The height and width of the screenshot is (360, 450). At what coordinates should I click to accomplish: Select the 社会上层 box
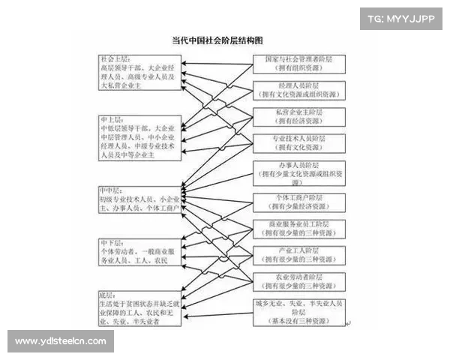139,71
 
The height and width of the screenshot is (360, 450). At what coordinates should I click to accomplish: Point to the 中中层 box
139,201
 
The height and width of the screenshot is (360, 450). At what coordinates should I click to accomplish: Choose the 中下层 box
139,253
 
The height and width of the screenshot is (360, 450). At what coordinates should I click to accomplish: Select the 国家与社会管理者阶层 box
298,63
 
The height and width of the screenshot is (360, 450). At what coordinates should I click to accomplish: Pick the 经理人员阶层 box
298,89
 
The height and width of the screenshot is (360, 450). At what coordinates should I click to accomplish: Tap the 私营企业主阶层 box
298,116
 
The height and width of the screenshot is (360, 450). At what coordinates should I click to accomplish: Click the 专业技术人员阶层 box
298,143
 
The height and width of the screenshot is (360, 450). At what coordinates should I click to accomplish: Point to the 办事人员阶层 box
298,172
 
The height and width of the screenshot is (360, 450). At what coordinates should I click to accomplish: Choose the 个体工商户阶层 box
298,201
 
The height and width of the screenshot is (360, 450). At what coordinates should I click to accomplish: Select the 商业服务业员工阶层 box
298,228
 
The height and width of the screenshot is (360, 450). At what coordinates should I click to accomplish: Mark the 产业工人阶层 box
298,255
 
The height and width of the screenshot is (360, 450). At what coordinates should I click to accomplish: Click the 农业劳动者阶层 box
298,281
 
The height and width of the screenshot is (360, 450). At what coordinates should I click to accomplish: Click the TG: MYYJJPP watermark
400,19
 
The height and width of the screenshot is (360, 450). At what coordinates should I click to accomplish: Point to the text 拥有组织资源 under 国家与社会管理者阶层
298,67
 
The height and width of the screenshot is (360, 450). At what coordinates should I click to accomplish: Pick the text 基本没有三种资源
298,321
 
